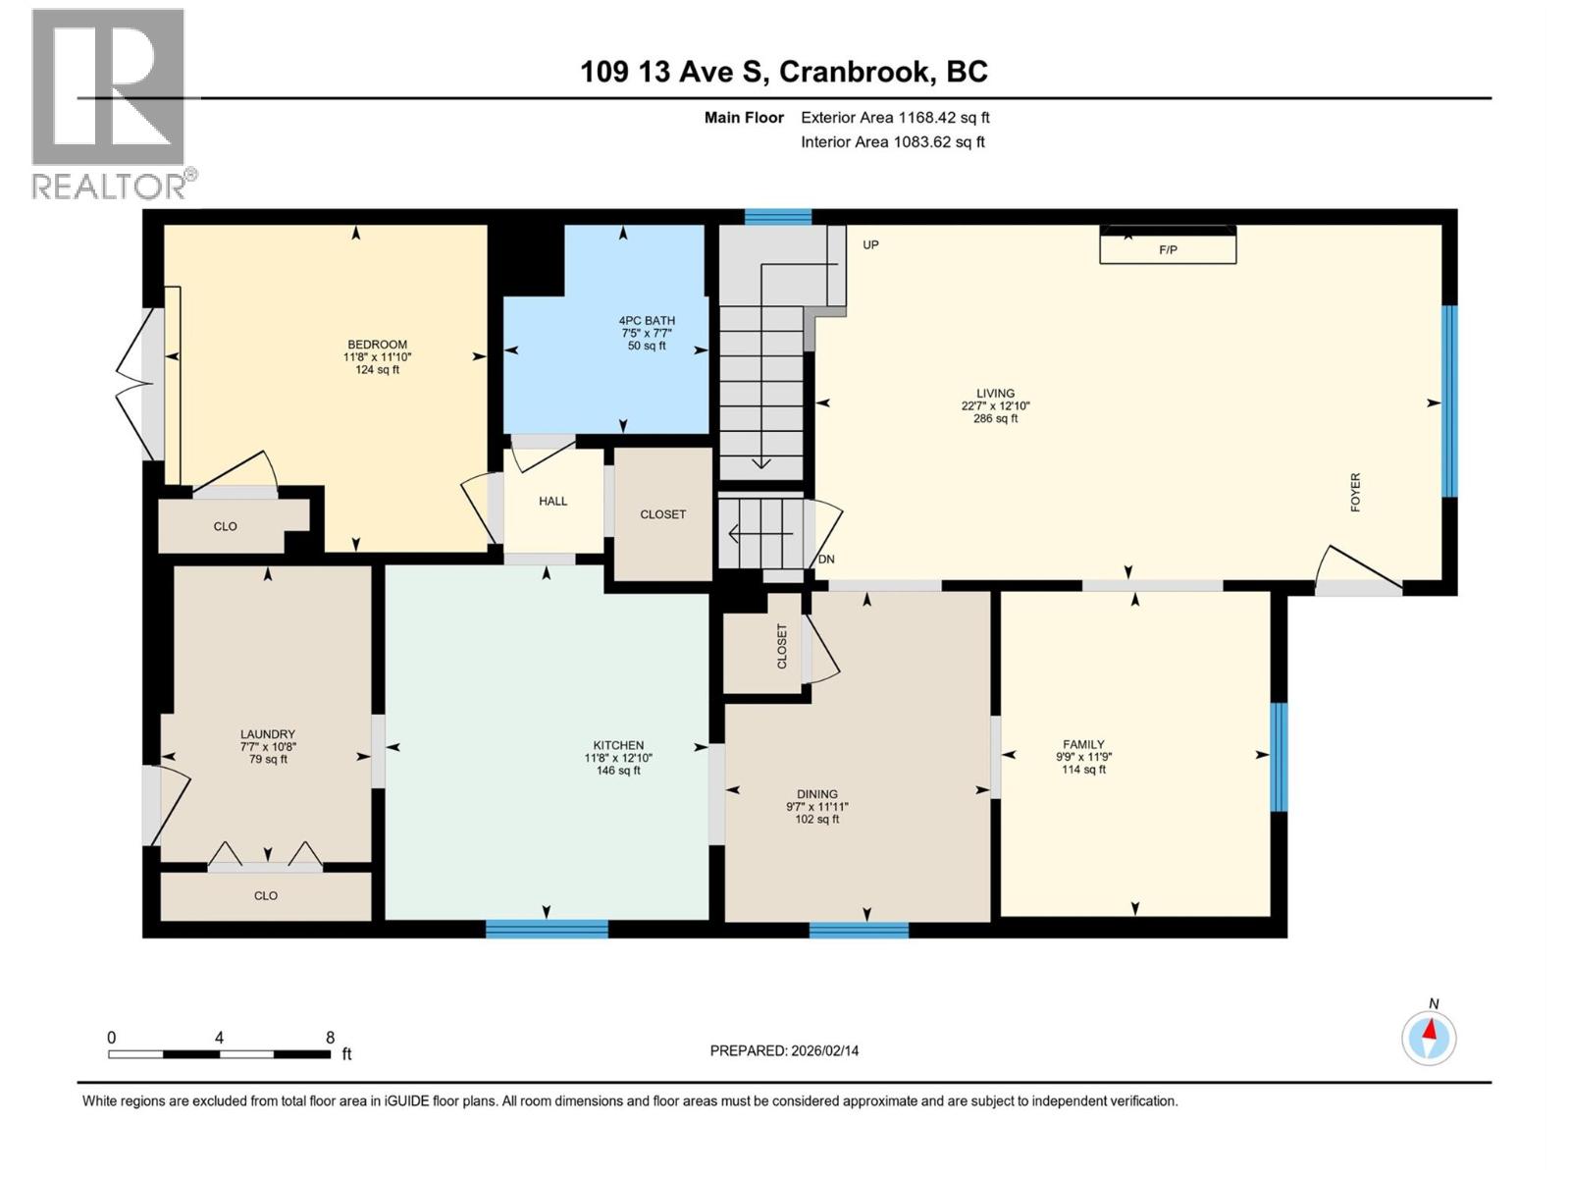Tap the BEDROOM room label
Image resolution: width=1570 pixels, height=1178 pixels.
[377, 345]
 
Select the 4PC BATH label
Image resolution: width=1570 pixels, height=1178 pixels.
[647, 320]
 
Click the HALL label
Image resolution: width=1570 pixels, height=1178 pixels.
[552, 501]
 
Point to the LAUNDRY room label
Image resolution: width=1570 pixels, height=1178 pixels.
[267, 734]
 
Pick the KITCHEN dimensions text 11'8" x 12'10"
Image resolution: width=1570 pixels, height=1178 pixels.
[618, 758]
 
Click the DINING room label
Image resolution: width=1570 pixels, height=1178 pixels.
[816, 794]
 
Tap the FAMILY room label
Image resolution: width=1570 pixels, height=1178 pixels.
[1083, 744]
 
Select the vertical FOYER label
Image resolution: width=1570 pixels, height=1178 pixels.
[1355, 492]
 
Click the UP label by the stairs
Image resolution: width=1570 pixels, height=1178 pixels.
[870, 244]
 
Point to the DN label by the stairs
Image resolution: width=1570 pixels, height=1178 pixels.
[826, 559]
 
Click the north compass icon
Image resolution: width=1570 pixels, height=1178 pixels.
[1429, 1037]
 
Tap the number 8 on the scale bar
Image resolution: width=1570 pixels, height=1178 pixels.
[331, 1038]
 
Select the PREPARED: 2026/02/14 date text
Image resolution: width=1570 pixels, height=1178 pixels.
[784, 1050]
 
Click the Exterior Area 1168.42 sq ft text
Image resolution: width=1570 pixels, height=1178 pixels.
[895, 117]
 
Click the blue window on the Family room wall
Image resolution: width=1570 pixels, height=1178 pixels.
[1279, 757]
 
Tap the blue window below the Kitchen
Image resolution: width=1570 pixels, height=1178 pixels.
[547, 929]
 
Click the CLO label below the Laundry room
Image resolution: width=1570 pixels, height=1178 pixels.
[265, 895]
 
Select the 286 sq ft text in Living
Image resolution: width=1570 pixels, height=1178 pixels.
[995, 418]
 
